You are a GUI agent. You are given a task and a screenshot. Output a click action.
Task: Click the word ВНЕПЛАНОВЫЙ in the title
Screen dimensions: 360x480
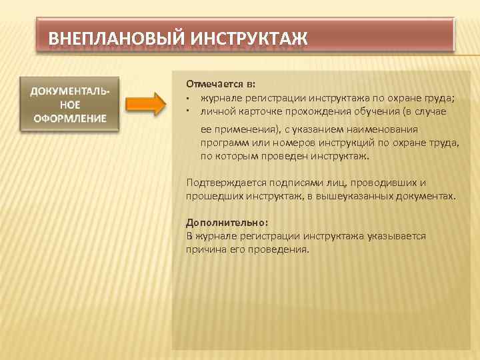[117, 37]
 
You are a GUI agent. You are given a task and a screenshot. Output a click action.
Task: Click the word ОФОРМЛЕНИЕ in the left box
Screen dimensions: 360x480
[71, 118]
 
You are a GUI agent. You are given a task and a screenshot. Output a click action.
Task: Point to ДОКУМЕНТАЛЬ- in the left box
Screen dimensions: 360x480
[71, 91]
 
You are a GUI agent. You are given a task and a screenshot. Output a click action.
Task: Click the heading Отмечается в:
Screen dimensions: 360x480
[221, 85]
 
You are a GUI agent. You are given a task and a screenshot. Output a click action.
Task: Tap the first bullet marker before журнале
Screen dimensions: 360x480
[189, 99]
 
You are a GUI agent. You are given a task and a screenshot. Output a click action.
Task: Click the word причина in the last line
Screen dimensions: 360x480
[208, 249]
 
